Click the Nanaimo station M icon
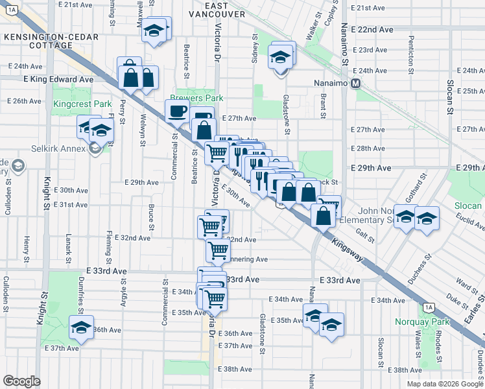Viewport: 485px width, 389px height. click(355, 83)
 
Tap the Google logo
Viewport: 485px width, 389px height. click(22, 381)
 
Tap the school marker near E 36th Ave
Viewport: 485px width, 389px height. click(82, 326)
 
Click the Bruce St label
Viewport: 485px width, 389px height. click(150, 217)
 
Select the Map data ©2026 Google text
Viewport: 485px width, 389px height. click(445, 384)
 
